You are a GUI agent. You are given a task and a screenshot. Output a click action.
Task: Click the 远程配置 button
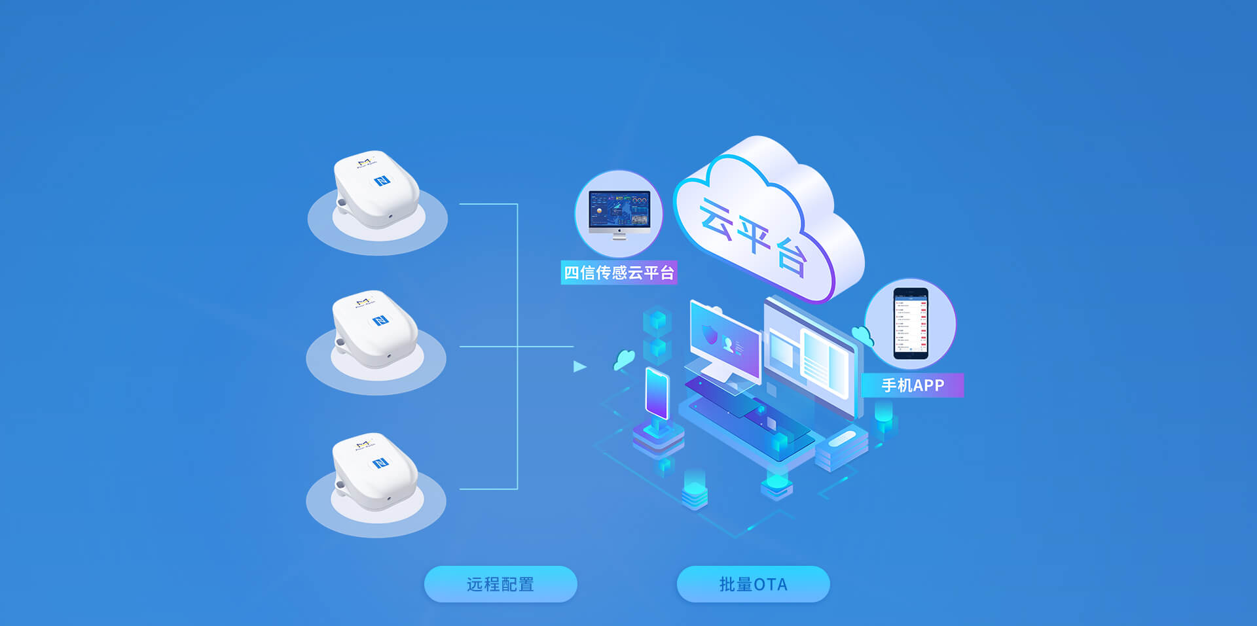(500, 584)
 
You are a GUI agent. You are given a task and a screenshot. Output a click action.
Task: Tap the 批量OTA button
(753, 584)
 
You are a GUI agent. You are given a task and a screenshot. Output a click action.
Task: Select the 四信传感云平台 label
(619, 272)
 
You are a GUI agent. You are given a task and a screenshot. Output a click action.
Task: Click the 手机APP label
(913, 385)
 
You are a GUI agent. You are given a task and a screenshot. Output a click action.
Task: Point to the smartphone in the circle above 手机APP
(911, 323)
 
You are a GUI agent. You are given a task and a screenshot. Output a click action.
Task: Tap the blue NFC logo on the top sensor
(382, 181)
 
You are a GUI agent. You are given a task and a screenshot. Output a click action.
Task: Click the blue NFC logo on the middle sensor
(380, 321)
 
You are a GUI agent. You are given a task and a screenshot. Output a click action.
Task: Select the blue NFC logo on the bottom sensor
(380, 463)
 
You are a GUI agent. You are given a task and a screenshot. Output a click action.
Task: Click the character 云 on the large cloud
(716, 217)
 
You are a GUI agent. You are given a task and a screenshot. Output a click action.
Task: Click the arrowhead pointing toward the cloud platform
(579, 366)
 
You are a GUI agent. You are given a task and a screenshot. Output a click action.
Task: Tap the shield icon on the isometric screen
(710, 334)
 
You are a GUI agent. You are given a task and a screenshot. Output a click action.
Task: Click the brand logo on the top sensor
(365, 163)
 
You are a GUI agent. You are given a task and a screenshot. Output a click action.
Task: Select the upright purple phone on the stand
(657, 392)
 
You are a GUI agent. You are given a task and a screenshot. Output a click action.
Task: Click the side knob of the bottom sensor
(340, 485)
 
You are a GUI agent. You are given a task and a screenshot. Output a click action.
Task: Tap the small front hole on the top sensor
(391, 216)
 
